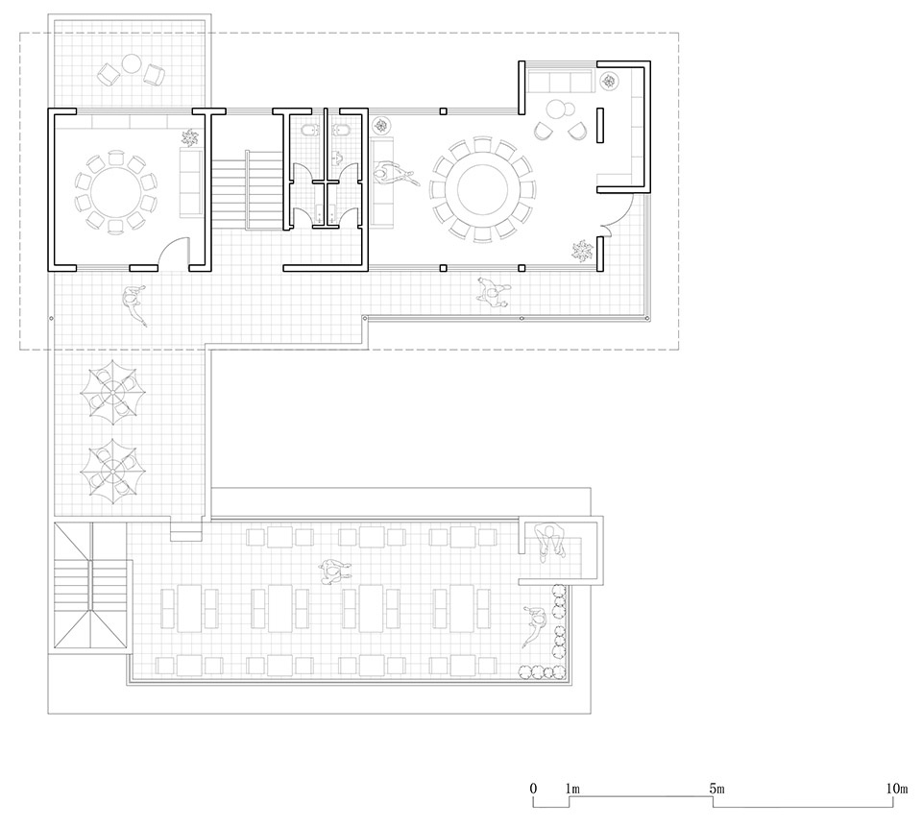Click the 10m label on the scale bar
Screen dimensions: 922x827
pyautogui.click(x=897, y=789)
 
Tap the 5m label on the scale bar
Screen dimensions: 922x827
pyautogui.click(x=716, y=789)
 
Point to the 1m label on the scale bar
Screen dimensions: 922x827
pyautogui.click(x=572, y=789)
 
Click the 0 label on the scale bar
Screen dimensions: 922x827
pyautogui.click(x=533, y=789)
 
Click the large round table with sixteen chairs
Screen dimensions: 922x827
pyautogui.click(x=482, y=190)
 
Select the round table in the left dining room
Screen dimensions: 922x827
pyautogui.click(x=116, y=192)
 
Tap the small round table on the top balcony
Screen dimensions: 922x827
pyautogui.click(x=131, y=62)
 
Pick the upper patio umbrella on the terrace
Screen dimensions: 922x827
pyautogui.click(x=113, y=391)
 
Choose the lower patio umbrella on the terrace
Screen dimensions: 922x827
pyautogui.click(x=113, y=472)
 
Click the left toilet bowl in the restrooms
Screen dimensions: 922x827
pyautogui.click(x=307, y=130)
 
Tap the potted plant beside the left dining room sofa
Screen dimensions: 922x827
pyautogui.click(x=190, y=138)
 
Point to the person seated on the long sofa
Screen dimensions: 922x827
pyautogui.click(x=395, y=174)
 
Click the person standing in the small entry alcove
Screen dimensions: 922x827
pyautogui.click(x=550, y=541)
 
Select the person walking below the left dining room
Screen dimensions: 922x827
pyautogui.click(x=135, y=304)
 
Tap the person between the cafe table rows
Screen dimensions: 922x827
pyautogui.click(x=335, y=572)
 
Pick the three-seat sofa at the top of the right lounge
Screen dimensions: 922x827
pyautogui.click(x=560, y=82)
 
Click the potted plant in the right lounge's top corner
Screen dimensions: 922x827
pyautogui.click(x=609, y=81)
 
